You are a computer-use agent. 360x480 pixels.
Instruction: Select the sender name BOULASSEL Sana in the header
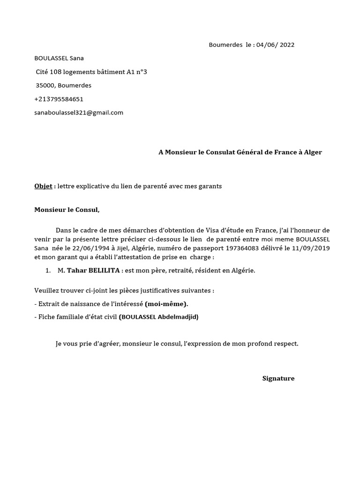59,58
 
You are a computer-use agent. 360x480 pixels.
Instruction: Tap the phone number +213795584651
59,99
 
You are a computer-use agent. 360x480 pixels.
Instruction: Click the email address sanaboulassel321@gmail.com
79,112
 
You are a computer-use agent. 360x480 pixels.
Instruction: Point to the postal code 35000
45,85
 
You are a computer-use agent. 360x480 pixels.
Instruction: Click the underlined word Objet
43,186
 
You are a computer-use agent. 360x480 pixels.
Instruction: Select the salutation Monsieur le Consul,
67,210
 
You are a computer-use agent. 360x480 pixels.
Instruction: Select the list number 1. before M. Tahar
48,271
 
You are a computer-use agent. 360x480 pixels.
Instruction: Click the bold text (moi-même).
166,304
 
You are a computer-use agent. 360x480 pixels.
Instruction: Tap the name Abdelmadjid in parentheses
178,317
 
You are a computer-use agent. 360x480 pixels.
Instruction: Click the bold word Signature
278,378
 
